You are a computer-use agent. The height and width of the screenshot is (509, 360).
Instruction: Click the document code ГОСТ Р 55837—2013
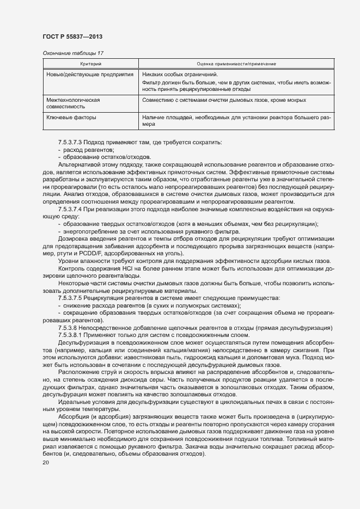click(72, 36)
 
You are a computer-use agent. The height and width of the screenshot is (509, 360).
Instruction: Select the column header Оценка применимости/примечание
click(236, 64)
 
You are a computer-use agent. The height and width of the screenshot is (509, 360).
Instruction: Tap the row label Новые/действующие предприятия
click(90, 73)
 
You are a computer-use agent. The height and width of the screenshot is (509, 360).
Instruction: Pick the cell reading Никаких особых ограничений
click(180, 73)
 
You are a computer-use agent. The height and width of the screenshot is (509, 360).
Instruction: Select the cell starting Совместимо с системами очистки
click(228, 100)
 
